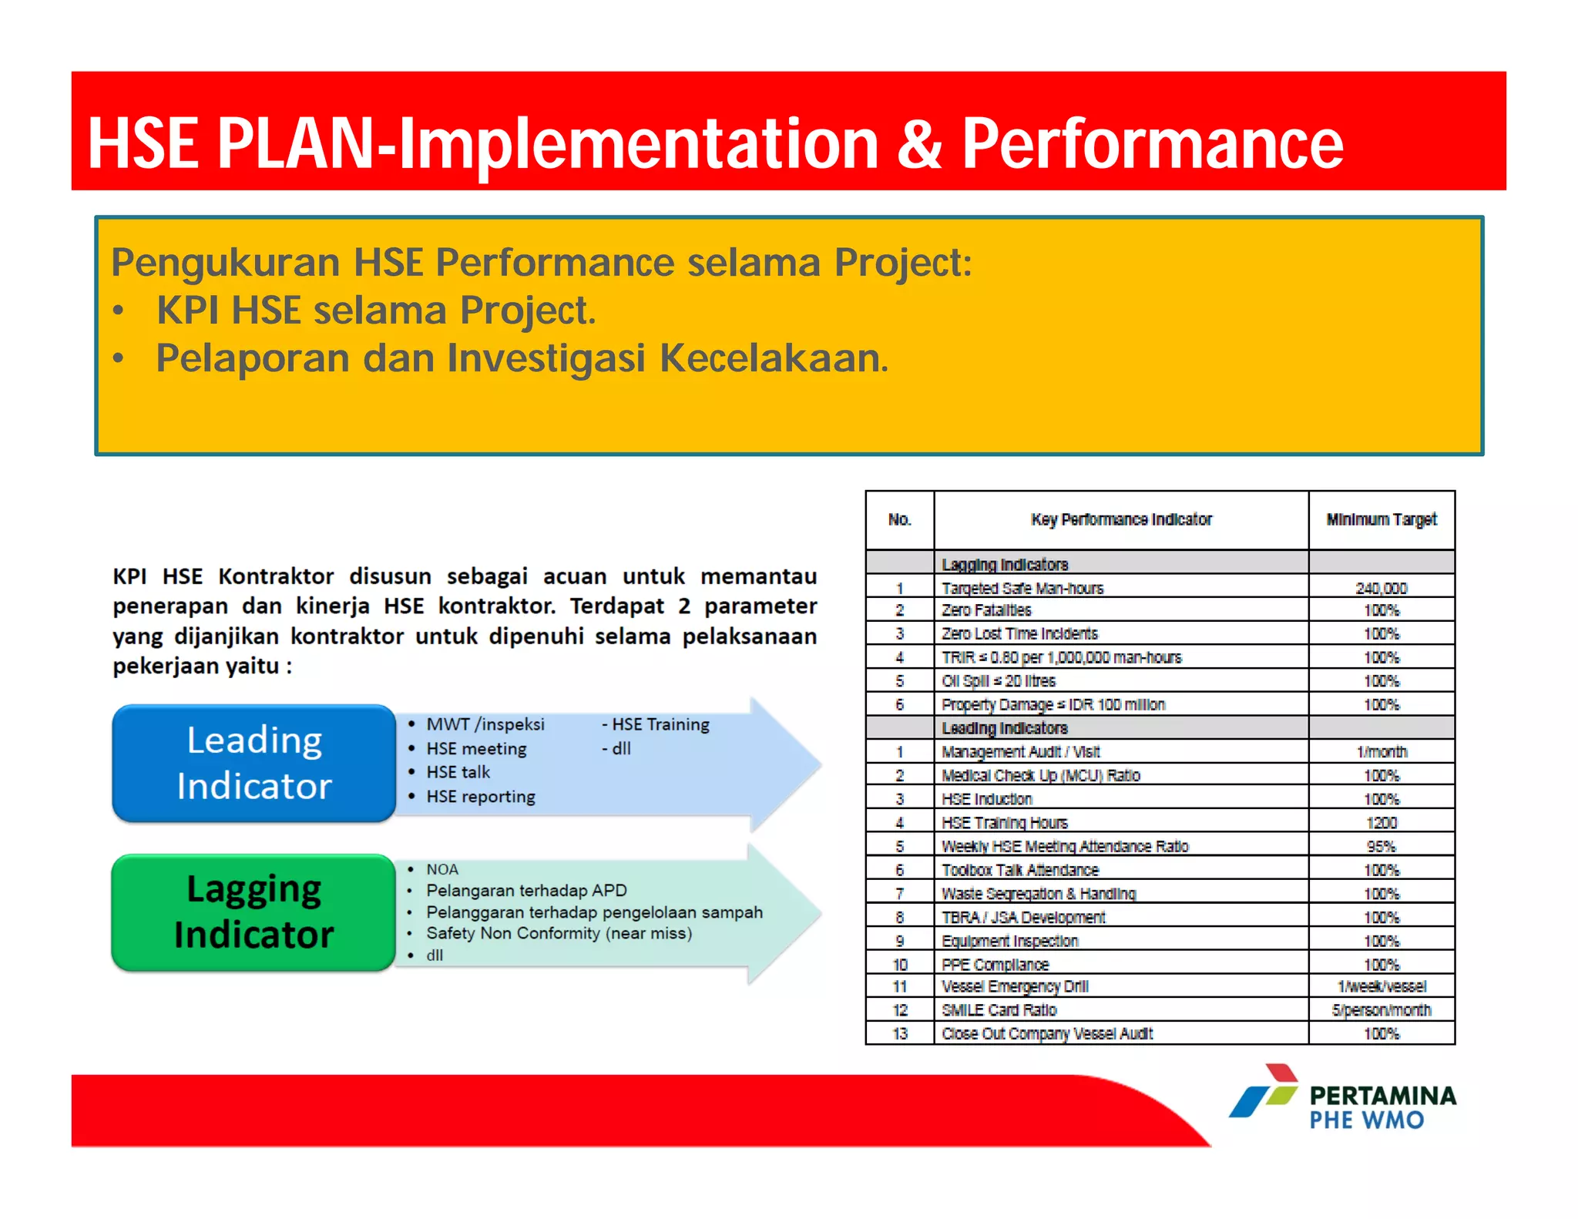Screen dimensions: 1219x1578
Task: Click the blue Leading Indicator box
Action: pos(253,763)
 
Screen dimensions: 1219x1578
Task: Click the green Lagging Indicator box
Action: pos(253,912)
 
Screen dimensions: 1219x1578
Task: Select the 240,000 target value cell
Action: pos(1381,588)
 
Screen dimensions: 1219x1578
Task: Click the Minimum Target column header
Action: pos(1381,519)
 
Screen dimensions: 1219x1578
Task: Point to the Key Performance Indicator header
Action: pos(1121,519)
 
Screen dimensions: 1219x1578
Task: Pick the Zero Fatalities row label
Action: pos(986,610)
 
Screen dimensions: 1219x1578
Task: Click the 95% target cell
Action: pos(1381,846)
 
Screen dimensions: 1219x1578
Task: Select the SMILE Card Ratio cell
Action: pos(999,1010)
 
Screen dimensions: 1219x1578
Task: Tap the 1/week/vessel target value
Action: pos(1381,986)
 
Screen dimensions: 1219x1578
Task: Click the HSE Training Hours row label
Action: pos(1005,823)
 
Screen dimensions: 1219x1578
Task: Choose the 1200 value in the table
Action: pos(1381,823)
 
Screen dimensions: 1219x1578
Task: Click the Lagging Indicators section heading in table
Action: pos(1005,564)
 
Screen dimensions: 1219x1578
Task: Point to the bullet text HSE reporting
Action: pos(481,797)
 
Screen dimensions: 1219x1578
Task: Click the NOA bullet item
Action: pos(442,869)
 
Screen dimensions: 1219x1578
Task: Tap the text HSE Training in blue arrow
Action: pos(660,724)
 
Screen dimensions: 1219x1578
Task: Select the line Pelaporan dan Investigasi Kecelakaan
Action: pos(522,358)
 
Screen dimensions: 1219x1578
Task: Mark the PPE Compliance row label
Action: pos(995,965)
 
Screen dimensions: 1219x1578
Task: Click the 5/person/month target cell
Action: pos(1381,1010)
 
